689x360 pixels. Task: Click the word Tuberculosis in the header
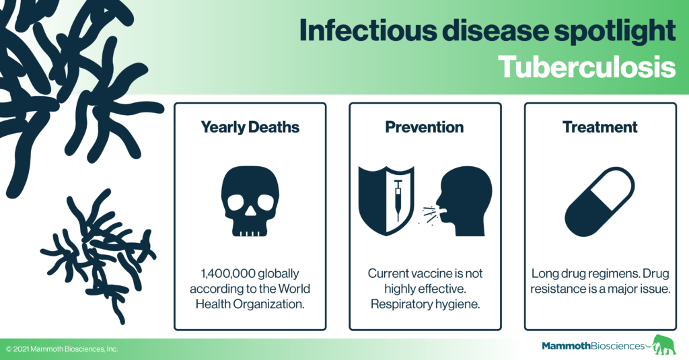click(587, 67)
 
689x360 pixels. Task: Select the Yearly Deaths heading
click(250, 127)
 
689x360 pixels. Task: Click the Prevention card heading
click(425, 127)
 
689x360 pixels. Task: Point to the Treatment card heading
click(600, 127)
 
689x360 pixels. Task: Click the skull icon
click(250, 201)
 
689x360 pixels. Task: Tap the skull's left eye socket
click(235, 202)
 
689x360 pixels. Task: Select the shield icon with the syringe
click(386, 201)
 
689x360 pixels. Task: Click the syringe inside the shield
click(398, 201)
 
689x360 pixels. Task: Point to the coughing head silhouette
click(464, 201)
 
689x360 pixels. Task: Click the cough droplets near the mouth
click(427, 215)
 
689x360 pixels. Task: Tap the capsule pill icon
click(600, 202)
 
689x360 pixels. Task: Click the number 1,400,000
click(227, 273)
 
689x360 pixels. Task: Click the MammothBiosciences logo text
click(593, 346)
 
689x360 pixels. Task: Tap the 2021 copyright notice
click(62, 349)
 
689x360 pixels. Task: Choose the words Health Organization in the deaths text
click(250, 304)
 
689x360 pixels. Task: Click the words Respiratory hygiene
click(425, 304)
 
